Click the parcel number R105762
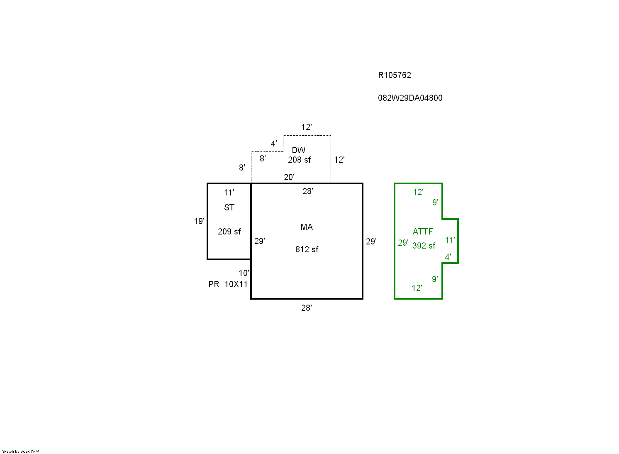[x=394, y=75]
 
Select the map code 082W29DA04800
[x=410, y=98]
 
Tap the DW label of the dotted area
[x=298, y=150]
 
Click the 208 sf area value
[x=299, y=160]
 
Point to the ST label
[x=229, y=207]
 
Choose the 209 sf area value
[x=229, y=232]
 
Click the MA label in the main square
[x=307, y=227]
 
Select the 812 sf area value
[x=307, y=249]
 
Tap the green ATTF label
[x=422, y=232]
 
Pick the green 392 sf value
[x=424, y=246]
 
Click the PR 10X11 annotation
[x=228, y=284]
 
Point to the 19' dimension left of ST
[x=199, y=221]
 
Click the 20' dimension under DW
[x=289, y=177]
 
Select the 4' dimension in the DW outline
[x=274, y=144]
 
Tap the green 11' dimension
[x=450, y=240]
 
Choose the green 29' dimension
[x=403, y=243]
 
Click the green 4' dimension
[x=448, y=257]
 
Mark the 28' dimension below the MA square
[x=306, y=308]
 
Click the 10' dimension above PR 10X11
[x=244, y=273]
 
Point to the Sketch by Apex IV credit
[x=20, y=451]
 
